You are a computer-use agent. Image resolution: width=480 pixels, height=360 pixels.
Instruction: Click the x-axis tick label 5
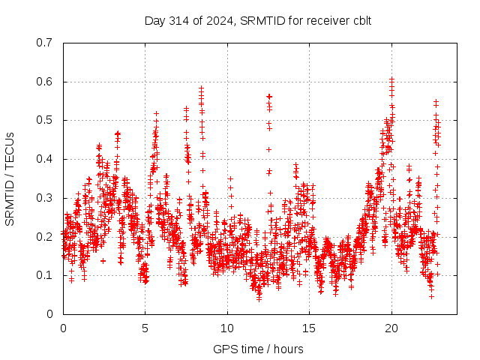(x=145, y=328)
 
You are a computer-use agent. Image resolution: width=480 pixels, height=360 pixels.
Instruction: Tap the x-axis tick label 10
(x=226, y=328)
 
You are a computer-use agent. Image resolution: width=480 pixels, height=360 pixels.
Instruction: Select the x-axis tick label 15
(x=308, y=328)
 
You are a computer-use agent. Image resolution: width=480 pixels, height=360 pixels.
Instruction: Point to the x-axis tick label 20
(x=390, y=328)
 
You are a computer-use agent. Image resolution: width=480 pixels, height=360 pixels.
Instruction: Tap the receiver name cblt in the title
(x=360, y=20)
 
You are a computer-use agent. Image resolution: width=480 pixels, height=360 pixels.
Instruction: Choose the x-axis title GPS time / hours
(x=259, y=349)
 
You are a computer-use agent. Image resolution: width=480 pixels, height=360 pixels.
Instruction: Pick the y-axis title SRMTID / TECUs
(x=10, y=178)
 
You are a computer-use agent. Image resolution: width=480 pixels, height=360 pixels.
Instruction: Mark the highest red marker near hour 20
(x=391, y=78)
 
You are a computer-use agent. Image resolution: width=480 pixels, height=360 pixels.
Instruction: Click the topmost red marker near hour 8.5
(x=201, y=88)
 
